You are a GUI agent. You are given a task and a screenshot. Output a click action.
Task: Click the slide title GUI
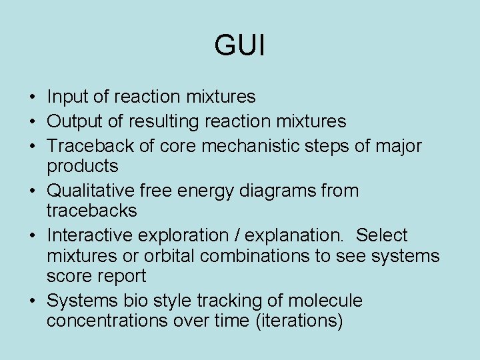240,46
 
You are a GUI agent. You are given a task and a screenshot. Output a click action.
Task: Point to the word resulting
148,121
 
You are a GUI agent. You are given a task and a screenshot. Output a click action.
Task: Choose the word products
83,166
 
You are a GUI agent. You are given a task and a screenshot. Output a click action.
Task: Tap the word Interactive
91,235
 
